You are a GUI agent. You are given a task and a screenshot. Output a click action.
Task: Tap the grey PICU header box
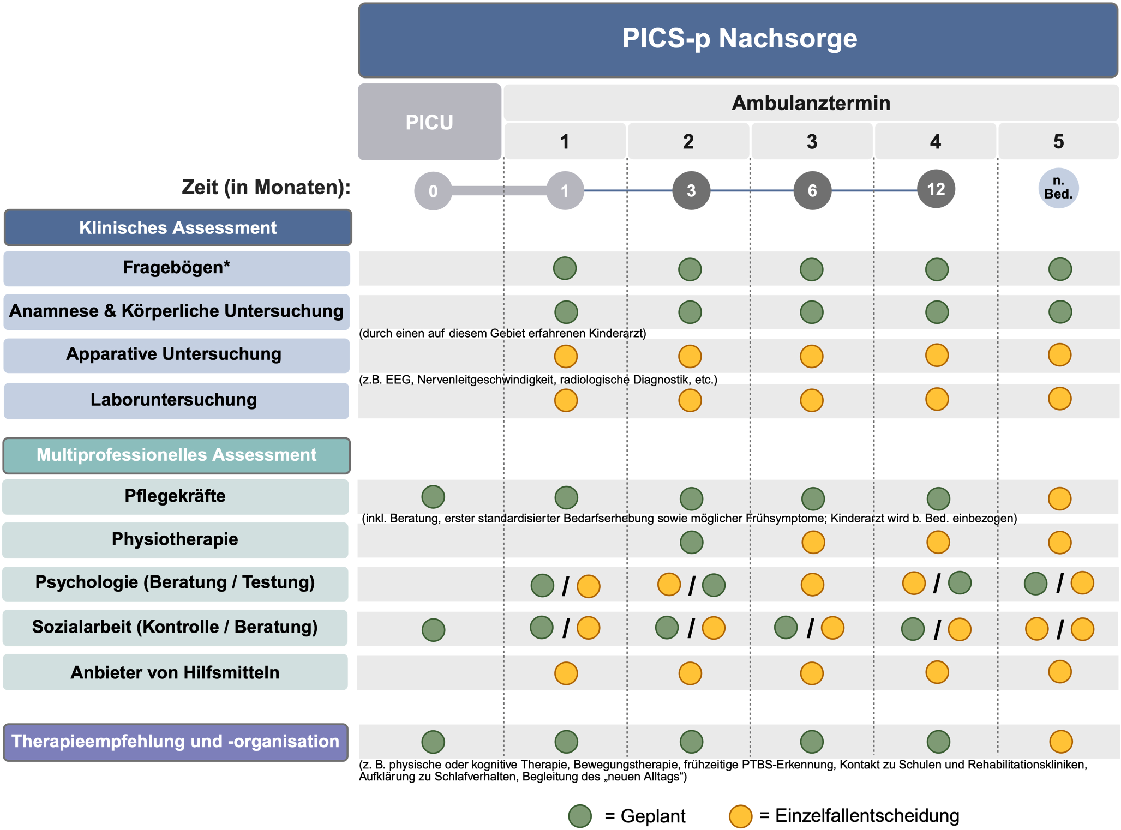429,122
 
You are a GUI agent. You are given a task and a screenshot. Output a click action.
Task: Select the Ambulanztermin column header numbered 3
812,142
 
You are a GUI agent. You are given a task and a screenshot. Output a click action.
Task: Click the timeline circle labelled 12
936,189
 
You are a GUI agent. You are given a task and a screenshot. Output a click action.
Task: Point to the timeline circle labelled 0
433,191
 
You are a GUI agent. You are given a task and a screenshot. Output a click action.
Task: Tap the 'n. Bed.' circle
1058,188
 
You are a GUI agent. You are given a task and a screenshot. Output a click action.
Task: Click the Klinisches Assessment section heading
178,227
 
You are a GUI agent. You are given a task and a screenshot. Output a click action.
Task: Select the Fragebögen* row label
177,268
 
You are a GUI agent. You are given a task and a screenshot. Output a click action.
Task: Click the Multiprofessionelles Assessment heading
177,455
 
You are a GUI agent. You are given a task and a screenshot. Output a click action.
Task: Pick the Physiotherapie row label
175,539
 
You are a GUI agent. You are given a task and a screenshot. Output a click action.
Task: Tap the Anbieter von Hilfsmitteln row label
175,672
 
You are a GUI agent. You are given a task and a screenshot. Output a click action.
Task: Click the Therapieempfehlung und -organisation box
176,742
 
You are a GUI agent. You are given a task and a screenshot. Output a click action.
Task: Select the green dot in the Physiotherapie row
691,542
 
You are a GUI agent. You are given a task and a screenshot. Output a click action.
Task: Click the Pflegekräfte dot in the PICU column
433,497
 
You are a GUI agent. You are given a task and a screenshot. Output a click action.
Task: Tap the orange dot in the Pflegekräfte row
1059,498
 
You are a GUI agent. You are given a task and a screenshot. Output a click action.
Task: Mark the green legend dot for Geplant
580,816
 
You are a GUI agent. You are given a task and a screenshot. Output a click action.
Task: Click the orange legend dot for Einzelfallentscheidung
740,816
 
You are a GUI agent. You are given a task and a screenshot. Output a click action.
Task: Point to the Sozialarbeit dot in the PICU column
433,629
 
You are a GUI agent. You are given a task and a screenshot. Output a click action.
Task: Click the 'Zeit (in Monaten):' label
266,187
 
